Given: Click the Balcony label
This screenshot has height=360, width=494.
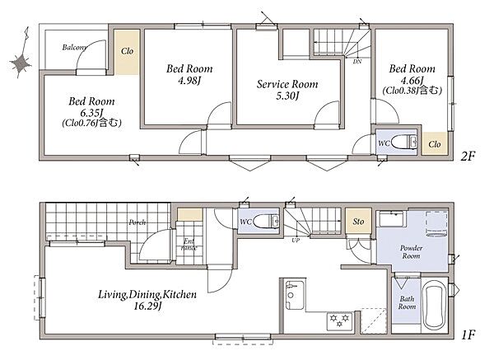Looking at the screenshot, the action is [x=74, y=48].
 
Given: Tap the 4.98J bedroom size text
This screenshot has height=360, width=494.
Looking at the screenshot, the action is [x=189, y=81].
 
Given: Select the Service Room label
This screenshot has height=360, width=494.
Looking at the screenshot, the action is [x=287, y=84].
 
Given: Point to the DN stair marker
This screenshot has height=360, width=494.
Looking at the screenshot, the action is [x=357, y=62].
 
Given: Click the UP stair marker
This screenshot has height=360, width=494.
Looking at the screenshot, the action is [x=296, y=241].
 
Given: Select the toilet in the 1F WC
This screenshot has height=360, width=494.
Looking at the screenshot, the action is [x=266, y=221].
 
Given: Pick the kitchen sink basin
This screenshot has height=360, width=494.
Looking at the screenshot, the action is [x=295, y=296].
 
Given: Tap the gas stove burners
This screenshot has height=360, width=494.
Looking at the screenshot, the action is [x=339, y=320].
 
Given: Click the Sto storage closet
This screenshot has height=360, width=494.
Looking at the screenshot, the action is [x=358, y=221].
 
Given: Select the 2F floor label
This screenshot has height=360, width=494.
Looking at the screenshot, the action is [x=468, y=156].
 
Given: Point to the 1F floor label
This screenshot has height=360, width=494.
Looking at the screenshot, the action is [x=468, y=334].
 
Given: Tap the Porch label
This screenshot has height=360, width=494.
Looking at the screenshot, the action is [x=137, y=222].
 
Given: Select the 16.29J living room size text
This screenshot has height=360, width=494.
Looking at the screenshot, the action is [x=147, y=306].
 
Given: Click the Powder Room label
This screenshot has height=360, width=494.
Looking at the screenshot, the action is [x=411, y=252].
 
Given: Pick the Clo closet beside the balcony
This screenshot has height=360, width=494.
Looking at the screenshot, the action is [x=127, y=52].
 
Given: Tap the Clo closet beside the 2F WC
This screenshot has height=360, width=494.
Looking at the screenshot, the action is [x=435, y=143].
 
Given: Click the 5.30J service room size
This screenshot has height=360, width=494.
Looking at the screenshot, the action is [x=287, y=96].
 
